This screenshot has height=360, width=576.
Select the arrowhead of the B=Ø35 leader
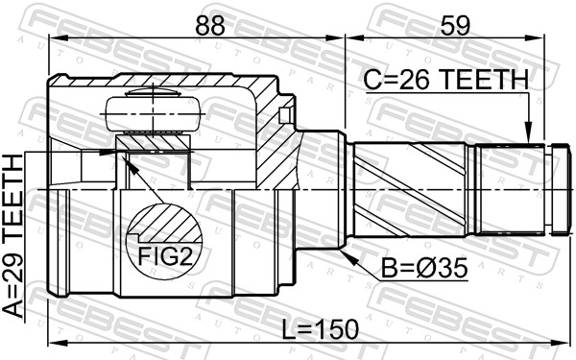tap(345, 252)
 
